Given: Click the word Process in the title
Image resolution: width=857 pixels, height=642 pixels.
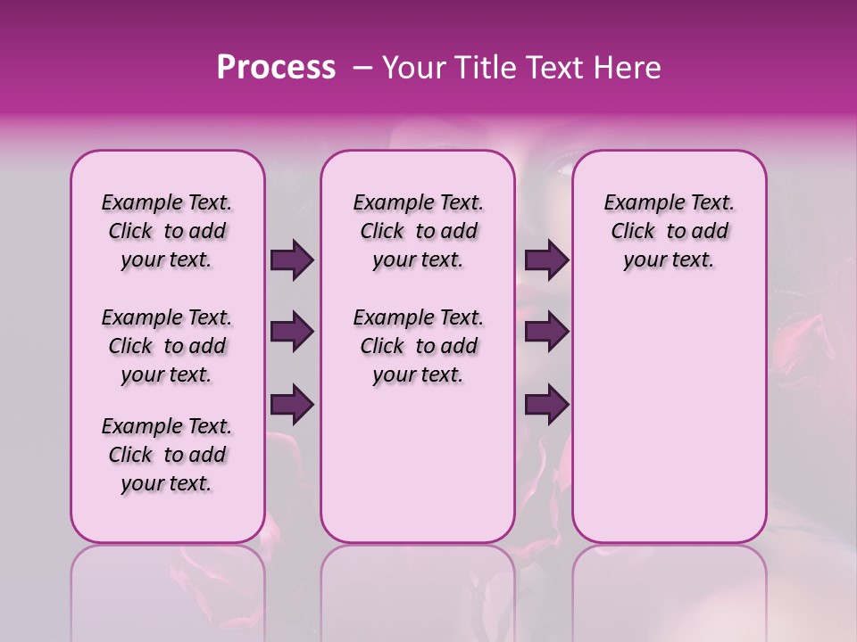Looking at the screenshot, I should click(276, 68).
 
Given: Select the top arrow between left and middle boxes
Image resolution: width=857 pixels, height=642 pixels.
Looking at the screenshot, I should click(292, 259).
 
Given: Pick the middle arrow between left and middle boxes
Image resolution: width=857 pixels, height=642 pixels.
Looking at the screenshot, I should click(292, 333).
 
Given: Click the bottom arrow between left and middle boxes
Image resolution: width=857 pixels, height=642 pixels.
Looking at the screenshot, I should click(292, 405).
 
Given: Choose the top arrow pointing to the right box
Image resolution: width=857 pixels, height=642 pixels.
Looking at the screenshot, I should click(546, 259).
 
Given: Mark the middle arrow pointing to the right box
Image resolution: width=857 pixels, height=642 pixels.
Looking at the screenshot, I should click(546, 333).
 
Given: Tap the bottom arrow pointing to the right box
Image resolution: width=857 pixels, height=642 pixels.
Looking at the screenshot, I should click(546, 405).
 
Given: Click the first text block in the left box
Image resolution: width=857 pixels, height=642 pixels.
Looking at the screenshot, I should click(167, 231).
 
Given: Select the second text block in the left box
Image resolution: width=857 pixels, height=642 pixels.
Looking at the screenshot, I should click(167, 346).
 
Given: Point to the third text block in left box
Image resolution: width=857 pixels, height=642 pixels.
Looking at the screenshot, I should click(167, 455).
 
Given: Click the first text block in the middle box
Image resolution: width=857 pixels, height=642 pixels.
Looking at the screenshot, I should click(419, 231).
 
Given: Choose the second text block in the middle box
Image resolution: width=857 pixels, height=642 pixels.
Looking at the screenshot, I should click(419, 346).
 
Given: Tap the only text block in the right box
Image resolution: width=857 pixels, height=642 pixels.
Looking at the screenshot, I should click(670, 231).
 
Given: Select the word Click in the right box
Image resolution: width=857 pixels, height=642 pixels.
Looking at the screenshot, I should click(633, 232).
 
